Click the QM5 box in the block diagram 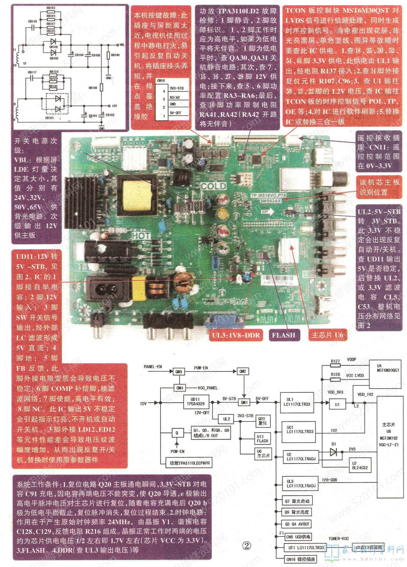tap(179, 372)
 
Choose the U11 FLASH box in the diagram tap(262, 439)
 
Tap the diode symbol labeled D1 tap(333, 452)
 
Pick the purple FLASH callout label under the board tap(283, 335)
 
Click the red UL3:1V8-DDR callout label tap(236, 335)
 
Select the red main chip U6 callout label tap(327, 335)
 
